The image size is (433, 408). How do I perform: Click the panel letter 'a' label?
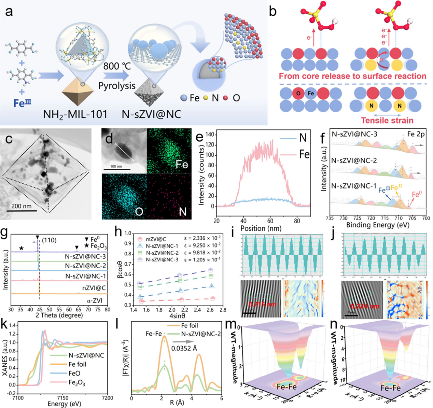[x=9, y=11]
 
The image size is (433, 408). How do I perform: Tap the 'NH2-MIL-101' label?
[x=75, y=114]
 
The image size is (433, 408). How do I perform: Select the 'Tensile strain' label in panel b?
[x=387, y=121]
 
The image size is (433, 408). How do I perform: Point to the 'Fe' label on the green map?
[x=182, y=165]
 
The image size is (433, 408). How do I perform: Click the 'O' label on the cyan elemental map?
[x=139, y=212]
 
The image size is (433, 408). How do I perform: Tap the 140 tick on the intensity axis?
[x=210, y=135]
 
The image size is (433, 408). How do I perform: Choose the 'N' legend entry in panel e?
[x=303, y=138]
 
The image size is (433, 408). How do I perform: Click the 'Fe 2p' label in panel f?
[x=416, y=134]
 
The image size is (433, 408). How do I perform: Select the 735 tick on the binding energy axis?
[x=330, y=218]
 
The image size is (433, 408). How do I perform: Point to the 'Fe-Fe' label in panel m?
[x=287, y=387]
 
